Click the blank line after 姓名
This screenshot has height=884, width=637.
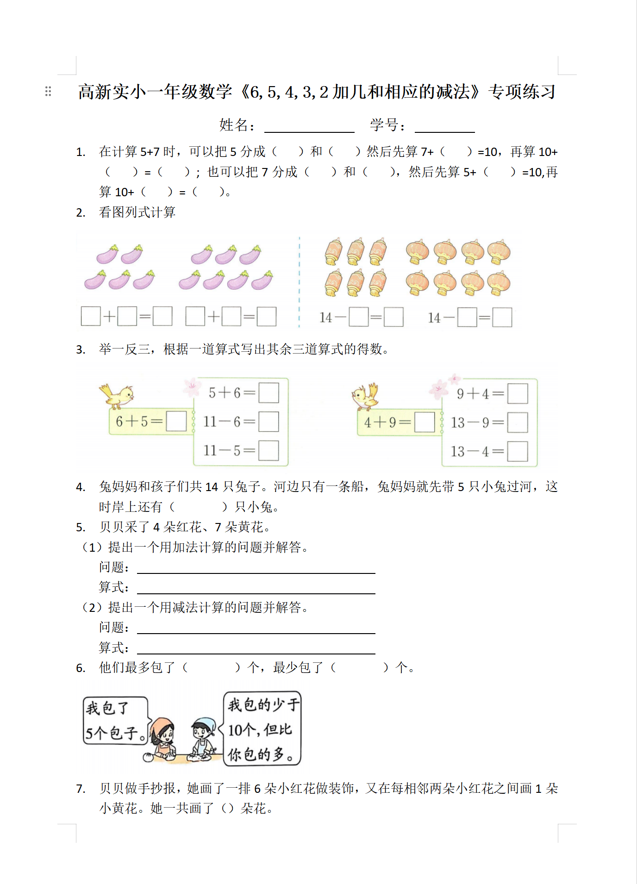pyautogui.click(x=309, y=127)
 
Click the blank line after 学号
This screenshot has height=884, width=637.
pyautogui.click(x=444, y=127)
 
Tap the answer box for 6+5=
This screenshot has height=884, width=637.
pyautogui.click(x=176, y=421)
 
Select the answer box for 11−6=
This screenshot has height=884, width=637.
pyautogui.click(x=269, y=422)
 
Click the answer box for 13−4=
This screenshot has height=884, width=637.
pyautogui.click(x=518, y=451)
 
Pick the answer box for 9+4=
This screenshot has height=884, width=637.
pyautogui.click(x=518, y=394)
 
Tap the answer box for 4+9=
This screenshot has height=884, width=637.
pyautogui.click(x=425, y=422)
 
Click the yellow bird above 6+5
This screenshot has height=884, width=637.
pyautogui.click(x=117, y=396)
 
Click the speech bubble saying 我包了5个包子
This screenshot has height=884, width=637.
pyautogui.click(x=115, y=720)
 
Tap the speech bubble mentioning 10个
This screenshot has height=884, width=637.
pyautogui.click(x=262, y=728)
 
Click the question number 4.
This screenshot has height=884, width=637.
pyautogui.click(x=81, y=487)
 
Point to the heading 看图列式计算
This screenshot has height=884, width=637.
pyautogui.click(x=137, y=212)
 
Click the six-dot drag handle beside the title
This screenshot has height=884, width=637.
pyautogui.click(x=48, y=91)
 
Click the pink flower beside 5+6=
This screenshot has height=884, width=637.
pyautogui.click(x=191, y=387)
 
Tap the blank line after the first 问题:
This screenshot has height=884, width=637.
pyautogui.click(x=256, y=569)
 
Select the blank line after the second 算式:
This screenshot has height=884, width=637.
pyautogui.click(x=256, y=649)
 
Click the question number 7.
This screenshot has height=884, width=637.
pyautogui.click(x=81, y=789)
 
